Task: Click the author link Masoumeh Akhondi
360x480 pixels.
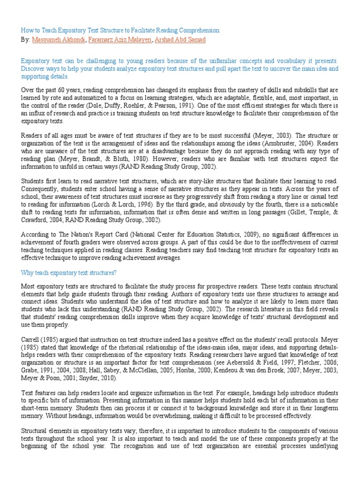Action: pyautogui.click(x=59, y=40)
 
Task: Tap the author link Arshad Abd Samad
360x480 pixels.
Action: pyautogui.click(x=180, y=40)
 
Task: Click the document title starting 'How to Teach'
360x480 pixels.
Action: pyautogui.click(x=120, y=30)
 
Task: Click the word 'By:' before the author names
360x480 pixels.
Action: pyautogui.click(x=25, y=40)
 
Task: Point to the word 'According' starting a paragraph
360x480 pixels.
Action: pyautogui.click(x=34, y=235)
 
